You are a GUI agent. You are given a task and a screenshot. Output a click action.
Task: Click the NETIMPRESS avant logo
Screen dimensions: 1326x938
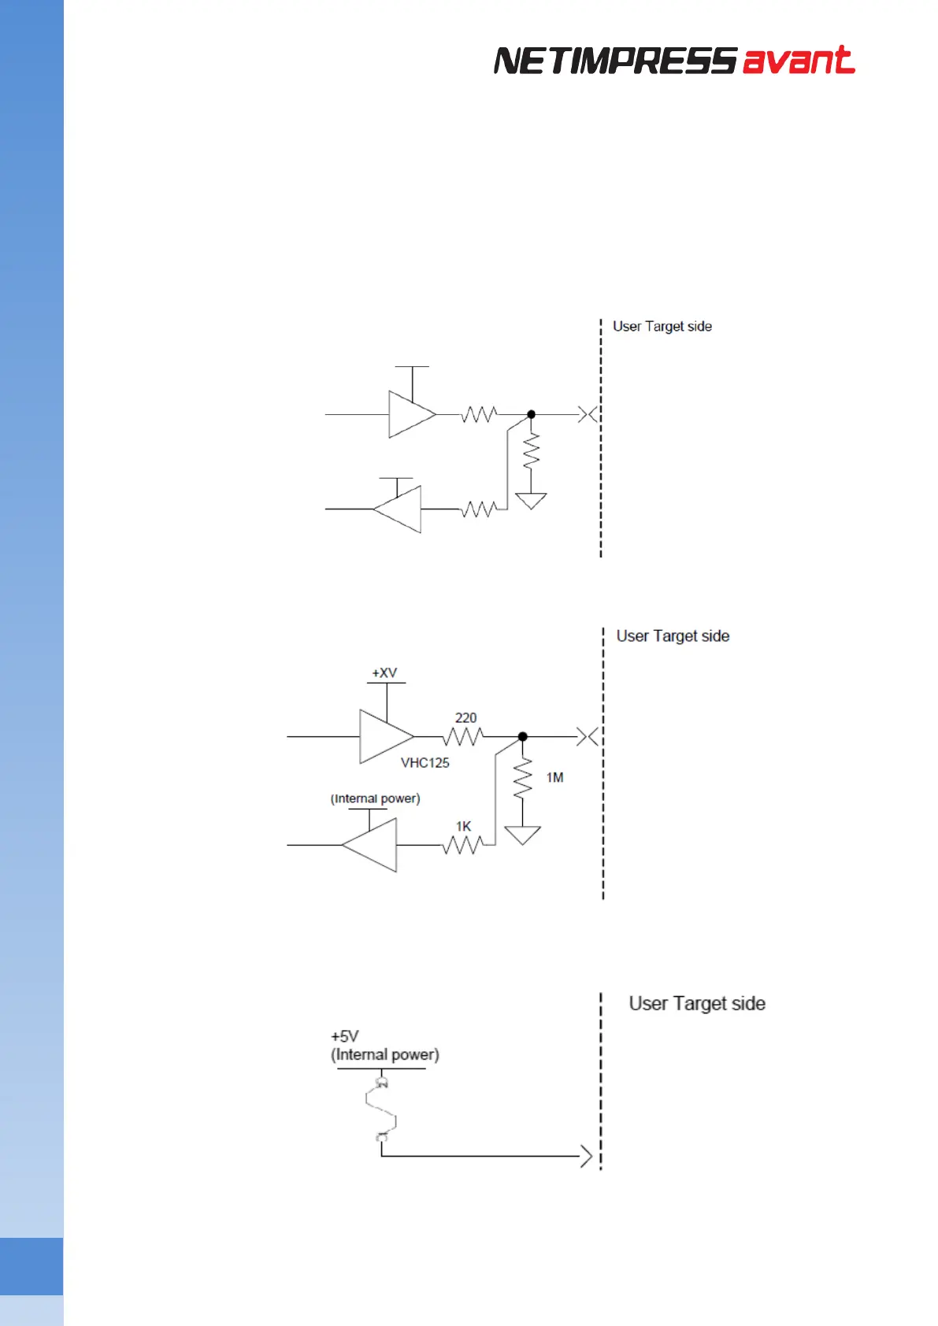674,61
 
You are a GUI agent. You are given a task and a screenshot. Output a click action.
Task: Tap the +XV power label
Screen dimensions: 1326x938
384,673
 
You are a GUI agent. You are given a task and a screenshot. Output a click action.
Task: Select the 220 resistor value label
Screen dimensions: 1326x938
465,718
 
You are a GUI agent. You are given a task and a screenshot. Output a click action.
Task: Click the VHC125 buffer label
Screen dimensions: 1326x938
425,763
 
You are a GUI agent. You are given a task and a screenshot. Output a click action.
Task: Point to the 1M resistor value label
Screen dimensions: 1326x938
554,778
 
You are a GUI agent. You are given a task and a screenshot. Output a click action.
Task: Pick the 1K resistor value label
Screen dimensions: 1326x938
463,826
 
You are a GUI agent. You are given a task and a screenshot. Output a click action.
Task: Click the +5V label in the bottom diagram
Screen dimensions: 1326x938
345,1036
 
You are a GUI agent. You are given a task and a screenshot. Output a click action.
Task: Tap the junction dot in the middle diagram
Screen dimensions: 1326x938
522,737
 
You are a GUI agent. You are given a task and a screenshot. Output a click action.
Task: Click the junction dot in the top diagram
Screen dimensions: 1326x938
531,414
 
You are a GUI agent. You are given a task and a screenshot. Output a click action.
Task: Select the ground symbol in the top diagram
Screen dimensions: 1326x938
531,501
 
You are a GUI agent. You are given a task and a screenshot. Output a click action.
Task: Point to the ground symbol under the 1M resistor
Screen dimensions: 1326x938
522,835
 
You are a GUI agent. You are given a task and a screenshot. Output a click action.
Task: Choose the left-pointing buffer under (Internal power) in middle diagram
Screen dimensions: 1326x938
371,845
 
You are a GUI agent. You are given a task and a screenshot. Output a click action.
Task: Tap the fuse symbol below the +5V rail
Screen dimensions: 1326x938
381,1110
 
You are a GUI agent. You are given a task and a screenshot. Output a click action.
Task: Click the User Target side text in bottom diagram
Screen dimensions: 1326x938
697,1003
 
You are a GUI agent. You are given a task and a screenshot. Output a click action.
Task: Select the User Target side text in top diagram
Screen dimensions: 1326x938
662,327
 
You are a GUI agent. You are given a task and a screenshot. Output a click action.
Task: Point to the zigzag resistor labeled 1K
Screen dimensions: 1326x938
463,845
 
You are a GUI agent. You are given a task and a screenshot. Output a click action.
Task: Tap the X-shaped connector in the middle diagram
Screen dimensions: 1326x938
588,737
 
